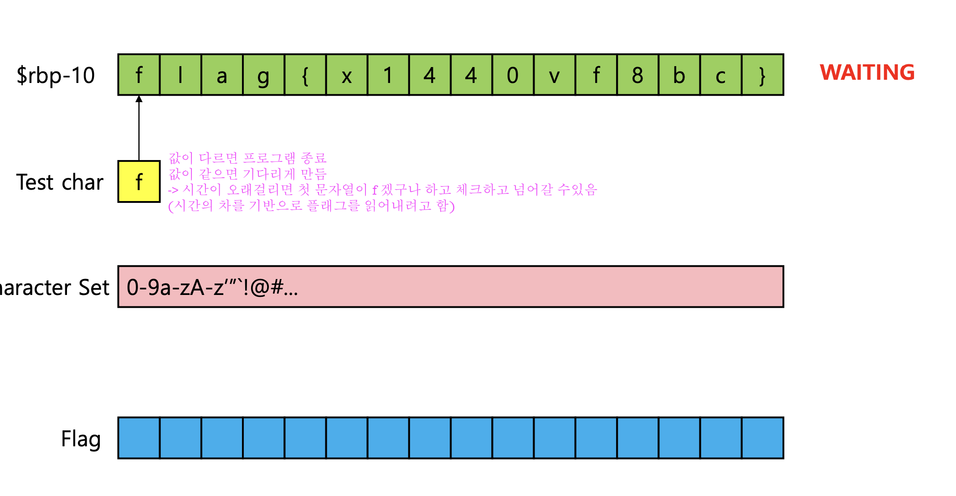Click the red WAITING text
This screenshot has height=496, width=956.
tap(867, 72)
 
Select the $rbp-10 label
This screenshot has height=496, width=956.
tap(56, 75)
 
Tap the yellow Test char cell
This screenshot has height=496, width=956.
tap(139, 181)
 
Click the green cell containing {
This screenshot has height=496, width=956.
tap(305, 75)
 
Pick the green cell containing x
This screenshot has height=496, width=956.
tap(347, 75)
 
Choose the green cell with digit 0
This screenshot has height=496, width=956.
tap(513, 75)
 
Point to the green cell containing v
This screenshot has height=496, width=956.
tap(554, 75)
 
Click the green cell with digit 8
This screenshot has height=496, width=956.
tap(637, 75)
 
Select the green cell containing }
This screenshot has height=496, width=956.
tap(762, 75)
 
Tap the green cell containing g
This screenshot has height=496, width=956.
tap(263, 75)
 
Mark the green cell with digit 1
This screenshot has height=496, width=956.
tap(388, 75)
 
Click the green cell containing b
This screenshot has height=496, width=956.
tap(679, 75)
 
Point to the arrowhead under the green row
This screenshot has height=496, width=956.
tap(139, 99)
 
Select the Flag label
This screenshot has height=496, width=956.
tap(81, 439)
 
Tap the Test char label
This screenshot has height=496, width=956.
tap(60, 182)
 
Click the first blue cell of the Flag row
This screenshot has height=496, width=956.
tap(139, 438)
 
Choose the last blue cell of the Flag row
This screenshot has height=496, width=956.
tap(762, 438)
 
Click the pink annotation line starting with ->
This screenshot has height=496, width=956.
tap(383, 190)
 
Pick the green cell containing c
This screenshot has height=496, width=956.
tap(720, 75)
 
